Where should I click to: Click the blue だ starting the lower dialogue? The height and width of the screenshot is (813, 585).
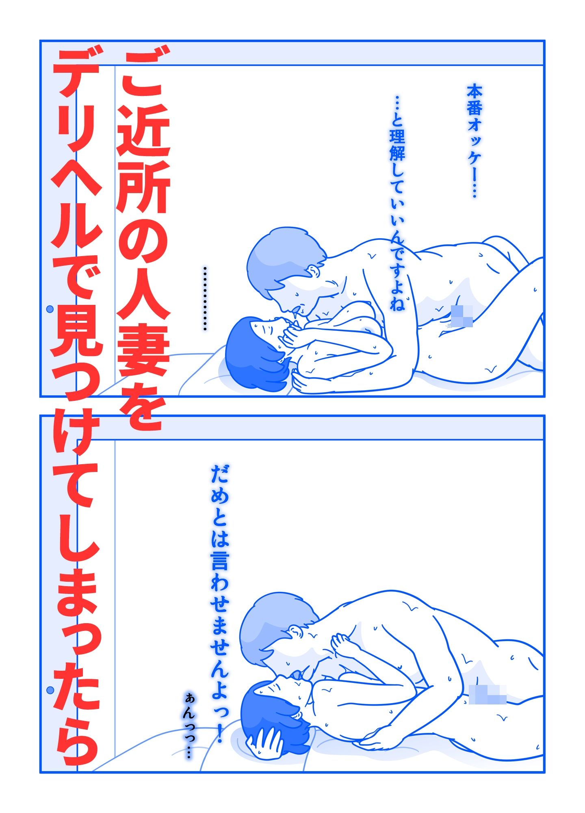coord(220,474)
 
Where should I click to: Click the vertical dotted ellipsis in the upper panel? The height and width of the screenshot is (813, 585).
coord(205,298)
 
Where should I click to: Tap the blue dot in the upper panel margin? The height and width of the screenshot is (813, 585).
coord(50,309)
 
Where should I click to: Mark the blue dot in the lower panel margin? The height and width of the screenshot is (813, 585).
coord(50,691)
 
